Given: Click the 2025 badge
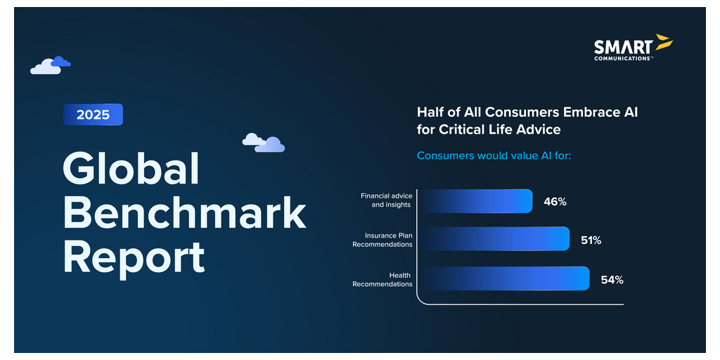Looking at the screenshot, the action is coord(94,115).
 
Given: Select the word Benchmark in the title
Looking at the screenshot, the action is coord(185,212).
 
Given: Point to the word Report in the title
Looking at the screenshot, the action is coord(134,257).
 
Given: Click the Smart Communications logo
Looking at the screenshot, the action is coord(634,48).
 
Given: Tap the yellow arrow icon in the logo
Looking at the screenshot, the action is coord(664,41).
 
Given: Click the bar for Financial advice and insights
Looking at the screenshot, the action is coord(476,201).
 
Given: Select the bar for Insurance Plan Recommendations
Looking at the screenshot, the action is coord(494,239).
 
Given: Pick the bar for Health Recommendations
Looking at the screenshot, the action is coord(504,278).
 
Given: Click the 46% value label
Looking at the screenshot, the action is coord(555,202).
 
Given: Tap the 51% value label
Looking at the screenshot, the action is coord(591,240).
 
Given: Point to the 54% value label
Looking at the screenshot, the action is coord(612,280).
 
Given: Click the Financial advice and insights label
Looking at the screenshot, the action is coord(386,200).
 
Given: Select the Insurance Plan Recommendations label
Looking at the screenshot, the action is coord(382,240).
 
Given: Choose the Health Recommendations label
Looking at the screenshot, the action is coord(382,280).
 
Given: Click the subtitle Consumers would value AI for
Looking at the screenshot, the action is coord(494,155).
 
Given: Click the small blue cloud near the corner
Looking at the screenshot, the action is coord(61,62).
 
